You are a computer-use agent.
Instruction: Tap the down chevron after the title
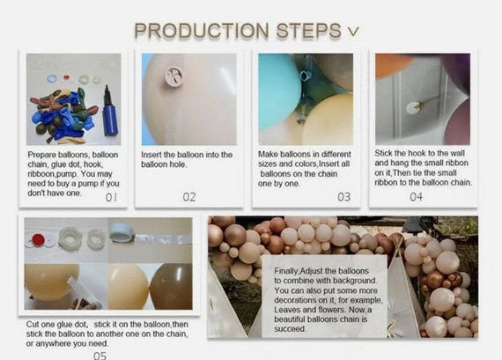[353, 31]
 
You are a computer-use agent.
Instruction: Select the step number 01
[111, 197]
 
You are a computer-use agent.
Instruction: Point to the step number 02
[189, 197]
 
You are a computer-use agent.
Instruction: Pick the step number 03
[344, 197]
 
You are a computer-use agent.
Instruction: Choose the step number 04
[416, 197]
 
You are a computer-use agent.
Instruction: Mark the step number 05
[100, 356]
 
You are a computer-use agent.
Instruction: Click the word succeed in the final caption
[290, 329]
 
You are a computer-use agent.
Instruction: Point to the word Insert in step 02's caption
[151, 155]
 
